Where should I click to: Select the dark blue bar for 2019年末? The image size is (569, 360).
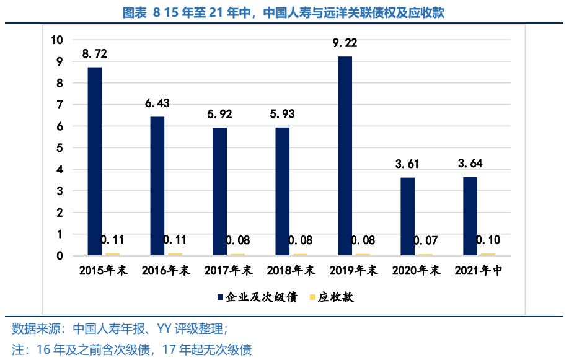(x=345, y=156)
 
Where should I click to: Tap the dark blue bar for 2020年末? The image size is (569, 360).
(x=407, y=216)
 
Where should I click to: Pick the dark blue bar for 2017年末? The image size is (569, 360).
(x=219, y=191)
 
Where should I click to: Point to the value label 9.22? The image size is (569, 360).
(x=345, y=43)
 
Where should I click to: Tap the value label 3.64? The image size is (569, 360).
(x=470, y=164)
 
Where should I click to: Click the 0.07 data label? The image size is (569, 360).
(x=425, y=240)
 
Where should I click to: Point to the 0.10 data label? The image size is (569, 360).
(x=488, y=240)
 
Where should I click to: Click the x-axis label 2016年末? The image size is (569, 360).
(x=165, y=271)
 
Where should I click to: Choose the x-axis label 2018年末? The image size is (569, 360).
(x=291, y=271)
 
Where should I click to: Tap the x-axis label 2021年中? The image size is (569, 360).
(x=478, y=271)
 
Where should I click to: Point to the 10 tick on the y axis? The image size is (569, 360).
(x=57, y=40)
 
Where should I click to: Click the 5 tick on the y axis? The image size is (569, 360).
(x=60, y=148)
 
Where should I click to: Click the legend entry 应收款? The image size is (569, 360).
(x=332, y=297)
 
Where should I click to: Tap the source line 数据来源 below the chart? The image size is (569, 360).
(x=124, y=328)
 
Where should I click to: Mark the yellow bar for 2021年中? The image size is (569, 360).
(x=488, y=254)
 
